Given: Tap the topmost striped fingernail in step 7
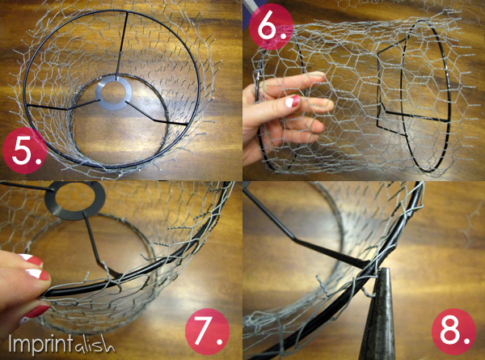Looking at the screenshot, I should tap(30, 260).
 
